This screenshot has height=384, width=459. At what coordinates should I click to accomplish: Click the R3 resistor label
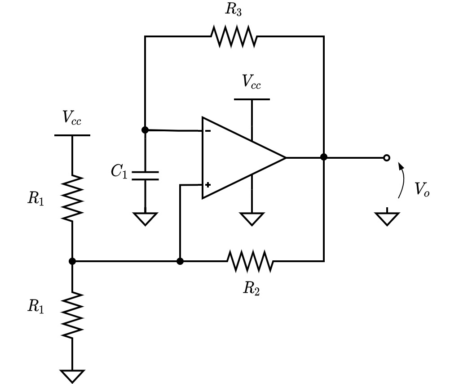(233, 9)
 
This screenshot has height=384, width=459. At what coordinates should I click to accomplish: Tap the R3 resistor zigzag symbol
(234, 36)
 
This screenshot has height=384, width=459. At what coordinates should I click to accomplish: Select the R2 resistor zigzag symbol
(250, 261)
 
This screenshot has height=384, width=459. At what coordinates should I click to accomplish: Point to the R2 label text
(252, 288)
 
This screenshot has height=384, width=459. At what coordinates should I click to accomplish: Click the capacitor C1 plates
(145, 175)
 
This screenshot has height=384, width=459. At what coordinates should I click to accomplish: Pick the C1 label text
(119, 171)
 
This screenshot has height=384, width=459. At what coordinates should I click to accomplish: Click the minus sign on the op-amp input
(207, 131)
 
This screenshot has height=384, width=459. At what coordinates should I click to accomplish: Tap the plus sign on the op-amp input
(208, 185)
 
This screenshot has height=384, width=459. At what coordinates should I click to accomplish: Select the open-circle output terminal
(387, 158)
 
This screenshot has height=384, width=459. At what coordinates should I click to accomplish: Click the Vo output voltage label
(422, 189)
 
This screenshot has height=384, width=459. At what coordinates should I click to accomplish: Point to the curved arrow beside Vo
(402, 180)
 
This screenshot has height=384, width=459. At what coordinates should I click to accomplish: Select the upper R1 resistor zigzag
(72, 198)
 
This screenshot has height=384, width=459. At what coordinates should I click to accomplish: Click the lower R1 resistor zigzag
(72, 315)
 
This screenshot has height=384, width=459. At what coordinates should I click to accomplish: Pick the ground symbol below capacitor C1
(145, 219)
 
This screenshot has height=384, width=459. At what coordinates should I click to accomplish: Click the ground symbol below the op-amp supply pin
(252, 219)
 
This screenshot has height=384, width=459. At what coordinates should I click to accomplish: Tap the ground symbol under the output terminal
(387, 217)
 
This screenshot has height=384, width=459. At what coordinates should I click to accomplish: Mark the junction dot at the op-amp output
(324, 157)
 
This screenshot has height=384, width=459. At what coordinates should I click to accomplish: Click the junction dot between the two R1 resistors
(72, 261)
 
